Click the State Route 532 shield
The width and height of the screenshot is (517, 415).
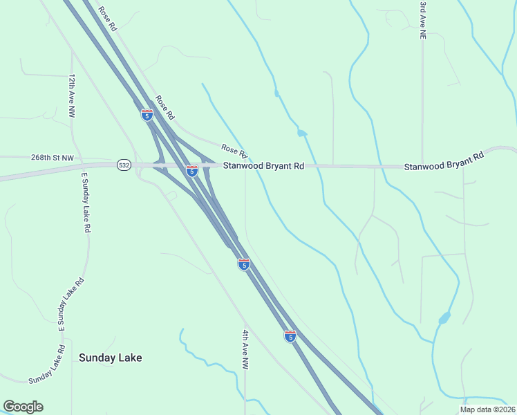[124, 165]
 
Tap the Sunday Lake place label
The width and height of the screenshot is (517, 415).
[111, 358]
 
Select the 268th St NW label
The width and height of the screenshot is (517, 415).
[52, 158]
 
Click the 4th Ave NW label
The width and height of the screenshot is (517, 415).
[245, 349]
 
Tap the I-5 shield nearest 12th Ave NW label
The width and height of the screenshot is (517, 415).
[147, 115]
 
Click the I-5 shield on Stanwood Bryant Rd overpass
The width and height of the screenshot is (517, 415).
[192, 170]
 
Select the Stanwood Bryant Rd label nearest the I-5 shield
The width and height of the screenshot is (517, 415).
[263, 166]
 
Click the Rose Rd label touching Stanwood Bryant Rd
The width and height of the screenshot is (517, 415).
[234, 149]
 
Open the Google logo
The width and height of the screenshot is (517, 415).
[23, 407]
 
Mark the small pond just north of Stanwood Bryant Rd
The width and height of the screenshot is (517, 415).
[301, 133]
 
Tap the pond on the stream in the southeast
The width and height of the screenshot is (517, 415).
[444, 318]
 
